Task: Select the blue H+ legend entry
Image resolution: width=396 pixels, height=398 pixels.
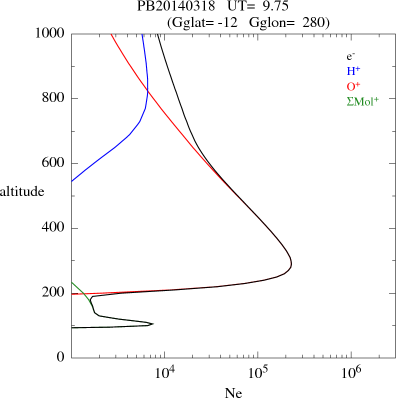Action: tap(353, 71)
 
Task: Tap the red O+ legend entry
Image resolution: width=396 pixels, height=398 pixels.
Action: tap(353, 86)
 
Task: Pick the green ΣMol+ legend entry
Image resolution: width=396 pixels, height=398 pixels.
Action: tap(362, 101)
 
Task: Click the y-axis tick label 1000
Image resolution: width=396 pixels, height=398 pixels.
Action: tap(49, 33)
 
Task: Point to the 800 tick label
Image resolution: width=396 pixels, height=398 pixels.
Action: tap(53, 98)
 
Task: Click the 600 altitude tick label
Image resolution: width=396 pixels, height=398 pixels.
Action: tap(53, 163)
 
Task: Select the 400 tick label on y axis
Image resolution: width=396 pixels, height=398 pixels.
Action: tap(53, 228)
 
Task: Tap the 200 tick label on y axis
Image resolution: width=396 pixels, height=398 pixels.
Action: tap(53, 293)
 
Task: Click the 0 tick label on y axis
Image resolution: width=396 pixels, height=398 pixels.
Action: tap(61, 358)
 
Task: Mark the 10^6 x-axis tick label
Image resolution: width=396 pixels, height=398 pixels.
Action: tap(351, 373)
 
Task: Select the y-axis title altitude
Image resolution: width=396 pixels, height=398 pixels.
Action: tap(22, 191)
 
